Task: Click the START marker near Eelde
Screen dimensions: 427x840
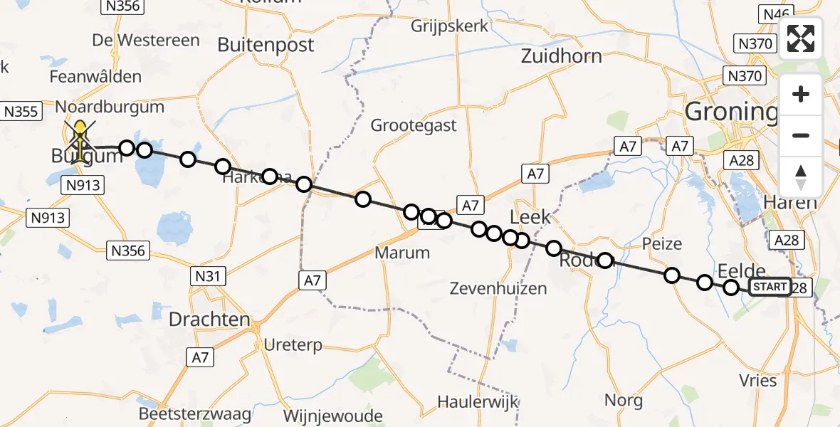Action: coord(770,287)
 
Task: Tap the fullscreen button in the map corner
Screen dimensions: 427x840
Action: coord(801,39)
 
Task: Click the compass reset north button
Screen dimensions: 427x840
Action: coord(801,176)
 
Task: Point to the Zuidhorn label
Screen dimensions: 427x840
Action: coord(562,56)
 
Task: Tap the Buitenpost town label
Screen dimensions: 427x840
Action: coord(266,46)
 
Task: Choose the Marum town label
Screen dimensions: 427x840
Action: coord(403,253)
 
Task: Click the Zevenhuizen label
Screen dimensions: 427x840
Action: coord(498,288)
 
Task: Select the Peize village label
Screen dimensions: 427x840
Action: coord(661,244)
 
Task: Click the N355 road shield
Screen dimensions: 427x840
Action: coord(21,112)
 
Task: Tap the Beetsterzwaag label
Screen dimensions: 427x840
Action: coord(196,414)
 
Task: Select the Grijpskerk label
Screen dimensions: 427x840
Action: coord(450,26)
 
